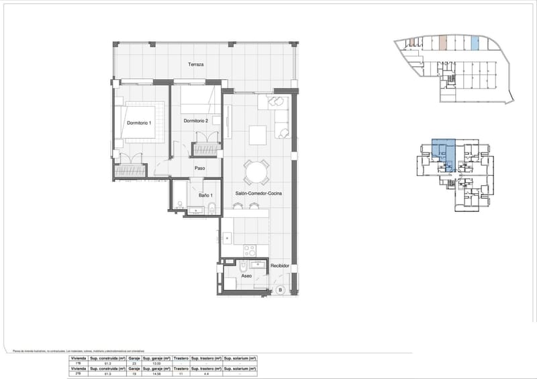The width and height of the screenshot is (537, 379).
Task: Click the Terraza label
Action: tap(196, 65)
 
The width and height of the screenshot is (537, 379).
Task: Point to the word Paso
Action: tap(199, 168)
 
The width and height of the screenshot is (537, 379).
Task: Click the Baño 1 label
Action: tap(205, 195)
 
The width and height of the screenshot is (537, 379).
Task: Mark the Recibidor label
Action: tap(280, 266)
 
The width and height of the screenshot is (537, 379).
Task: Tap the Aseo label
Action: tap(246, 276)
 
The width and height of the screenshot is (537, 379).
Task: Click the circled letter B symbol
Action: tap(280, 290)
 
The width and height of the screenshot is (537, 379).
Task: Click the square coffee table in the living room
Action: tap(258, 134)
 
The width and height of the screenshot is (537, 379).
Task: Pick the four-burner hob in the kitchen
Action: tap(250, 250)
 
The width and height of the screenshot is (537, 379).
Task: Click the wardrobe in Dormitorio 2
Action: tap(206, 149)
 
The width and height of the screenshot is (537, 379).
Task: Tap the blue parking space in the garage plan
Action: tap(475, 44)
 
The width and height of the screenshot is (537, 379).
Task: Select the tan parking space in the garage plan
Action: tap(442, 44)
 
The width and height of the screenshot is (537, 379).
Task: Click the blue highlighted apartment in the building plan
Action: tap(442, 153)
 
